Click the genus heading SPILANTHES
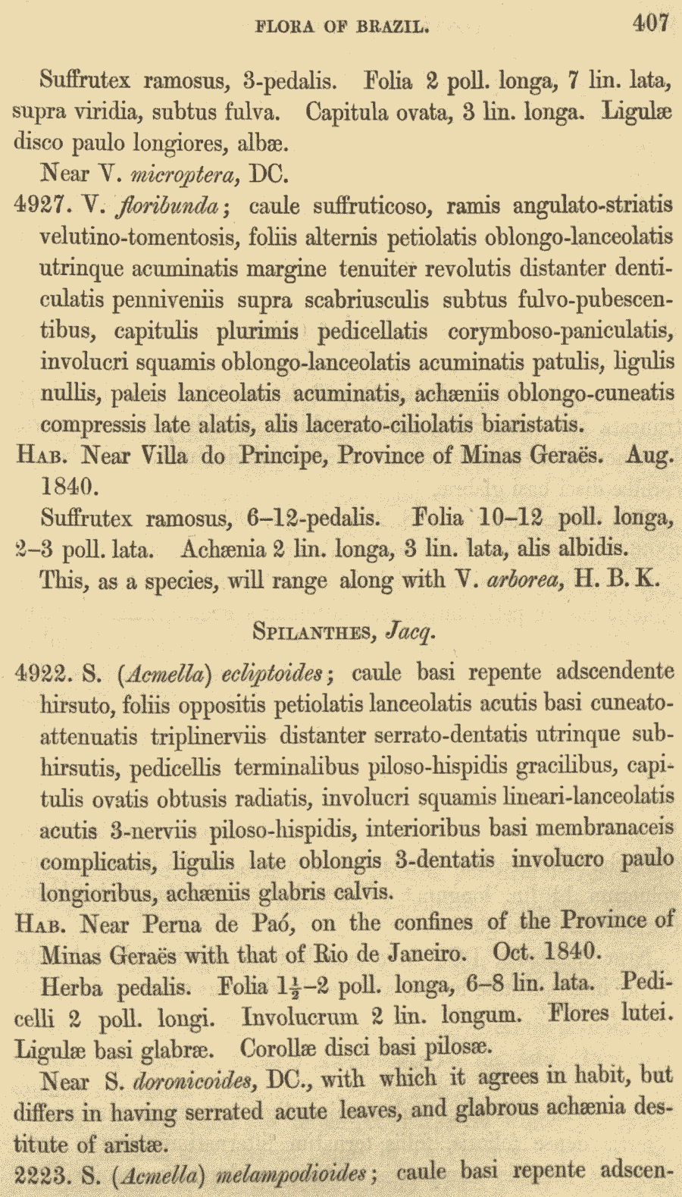[314, 631]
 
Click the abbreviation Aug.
[649, 456]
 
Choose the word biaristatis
[533, 424]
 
